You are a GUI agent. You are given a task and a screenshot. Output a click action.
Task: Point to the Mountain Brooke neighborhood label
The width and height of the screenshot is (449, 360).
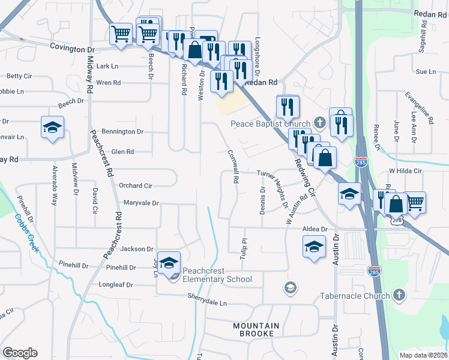click(256, 329)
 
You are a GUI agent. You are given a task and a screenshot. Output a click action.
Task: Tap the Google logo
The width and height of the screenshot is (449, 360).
click(20, 353)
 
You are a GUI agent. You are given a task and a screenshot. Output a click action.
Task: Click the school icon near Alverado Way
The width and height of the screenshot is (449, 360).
click(52, 127)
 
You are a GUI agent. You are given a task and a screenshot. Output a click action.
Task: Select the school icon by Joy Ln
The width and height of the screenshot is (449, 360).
click(169, 262)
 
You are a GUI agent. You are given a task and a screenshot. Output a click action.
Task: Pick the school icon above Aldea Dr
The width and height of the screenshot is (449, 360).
click(314, 246)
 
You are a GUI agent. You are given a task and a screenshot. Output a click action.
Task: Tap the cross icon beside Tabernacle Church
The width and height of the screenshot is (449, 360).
click(399, 295)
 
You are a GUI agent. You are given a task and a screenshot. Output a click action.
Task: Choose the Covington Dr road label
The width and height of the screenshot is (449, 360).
click(73, 46)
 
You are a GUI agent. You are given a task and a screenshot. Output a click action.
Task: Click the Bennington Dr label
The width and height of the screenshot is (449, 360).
click(123, 131)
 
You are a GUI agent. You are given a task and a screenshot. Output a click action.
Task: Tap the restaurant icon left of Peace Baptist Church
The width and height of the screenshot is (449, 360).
click(288, 106)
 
